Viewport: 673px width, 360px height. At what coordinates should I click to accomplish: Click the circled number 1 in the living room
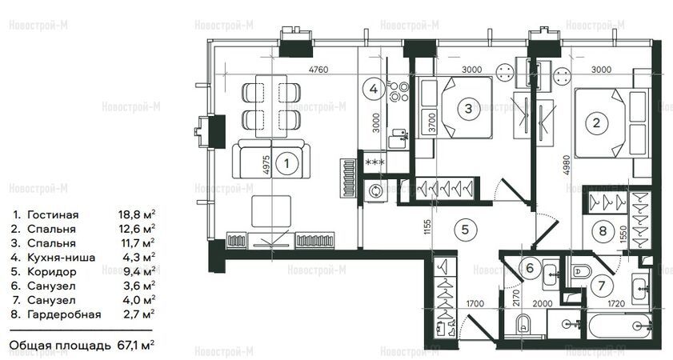(x=286, y=163)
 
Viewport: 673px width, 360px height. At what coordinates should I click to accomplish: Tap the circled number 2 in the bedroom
(x=596, y=123)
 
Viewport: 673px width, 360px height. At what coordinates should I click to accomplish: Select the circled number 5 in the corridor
(x=465, y=230)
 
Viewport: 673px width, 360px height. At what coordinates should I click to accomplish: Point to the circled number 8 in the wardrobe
(x=603, y=231)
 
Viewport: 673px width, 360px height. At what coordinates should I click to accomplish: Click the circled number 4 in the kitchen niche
(x=374, y=89)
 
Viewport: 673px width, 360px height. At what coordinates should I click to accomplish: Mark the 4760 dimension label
(x=318, y=69)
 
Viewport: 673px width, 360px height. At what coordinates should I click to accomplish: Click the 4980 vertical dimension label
(x=567, y=165)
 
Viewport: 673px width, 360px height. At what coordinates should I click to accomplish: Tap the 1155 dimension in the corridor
(x=427, y=227)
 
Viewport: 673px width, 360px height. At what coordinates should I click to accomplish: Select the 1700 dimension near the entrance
(x=475, y=304)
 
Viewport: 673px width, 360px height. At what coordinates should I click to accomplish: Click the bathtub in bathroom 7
(x=620, y=326)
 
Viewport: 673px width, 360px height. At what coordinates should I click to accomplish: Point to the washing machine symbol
(x=375, y=190)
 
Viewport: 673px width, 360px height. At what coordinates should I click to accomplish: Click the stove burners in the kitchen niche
(x=399, y=92)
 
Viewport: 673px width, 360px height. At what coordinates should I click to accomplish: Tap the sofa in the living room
(x=271, y=158)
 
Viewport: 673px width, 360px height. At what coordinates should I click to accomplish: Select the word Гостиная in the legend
(x=53, y=214)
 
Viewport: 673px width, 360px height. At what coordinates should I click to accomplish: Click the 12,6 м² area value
(x=137, y=228)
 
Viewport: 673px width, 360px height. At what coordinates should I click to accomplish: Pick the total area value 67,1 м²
(x=135, y=345)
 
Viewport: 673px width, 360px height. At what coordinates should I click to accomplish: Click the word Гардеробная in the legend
(x=64, y=314)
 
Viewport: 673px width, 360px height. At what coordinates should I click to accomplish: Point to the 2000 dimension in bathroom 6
(x=543, y=304)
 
